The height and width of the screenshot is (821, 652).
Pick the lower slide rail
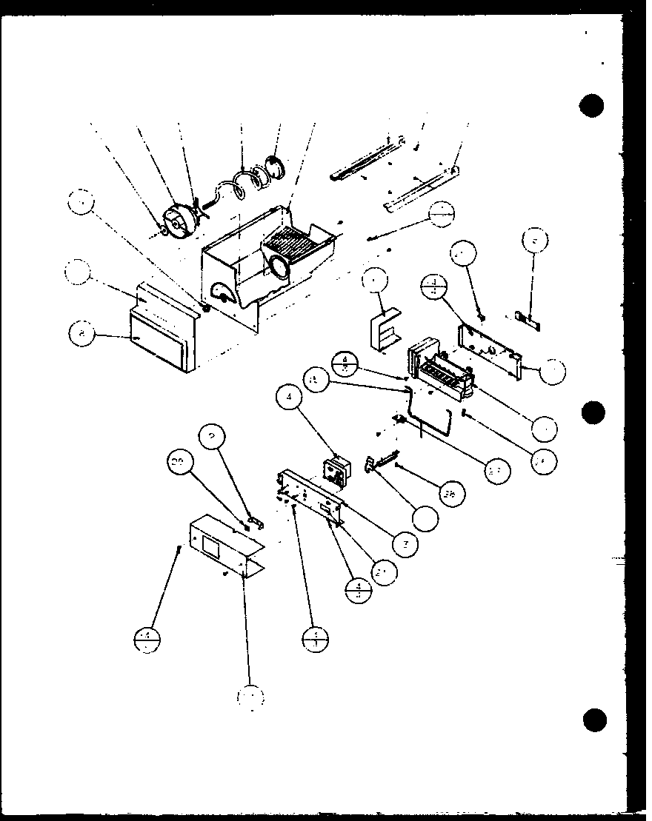click(x=419, y=190)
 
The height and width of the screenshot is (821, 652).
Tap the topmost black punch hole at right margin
click(x=592, y=107)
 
